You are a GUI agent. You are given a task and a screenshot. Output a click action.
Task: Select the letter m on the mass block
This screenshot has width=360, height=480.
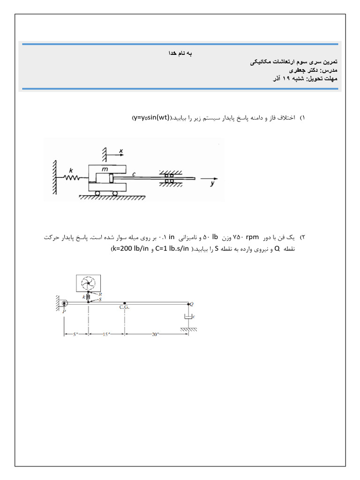105,168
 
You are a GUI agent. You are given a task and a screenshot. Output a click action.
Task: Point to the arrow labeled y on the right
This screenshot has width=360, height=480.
210,180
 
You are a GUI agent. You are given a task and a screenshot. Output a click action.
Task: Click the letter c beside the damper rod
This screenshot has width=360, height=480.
134,174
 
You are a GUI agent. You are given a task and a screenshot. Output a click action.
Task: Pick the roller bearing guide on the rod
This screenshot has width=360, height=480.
169,178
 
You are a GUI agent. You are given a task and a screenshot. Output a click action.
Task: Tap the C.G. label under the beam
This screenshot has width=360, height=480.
124,307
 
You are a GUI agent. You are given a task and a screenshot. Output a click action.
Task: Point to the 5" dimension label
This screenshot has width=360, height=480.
75,334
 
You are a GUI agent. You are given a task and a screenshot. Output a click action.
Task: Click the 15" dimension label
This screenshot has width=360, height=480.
106,334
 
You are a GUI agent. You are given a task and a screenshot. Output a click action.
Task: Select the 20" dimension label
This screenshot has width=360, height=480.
156,334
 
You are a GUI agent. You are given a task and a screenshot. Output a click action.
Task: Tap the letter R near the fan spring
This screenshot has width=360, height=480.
100,293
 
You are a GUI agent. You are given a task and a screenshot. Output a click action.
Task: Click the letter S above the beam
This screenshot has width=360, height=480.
100,299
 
